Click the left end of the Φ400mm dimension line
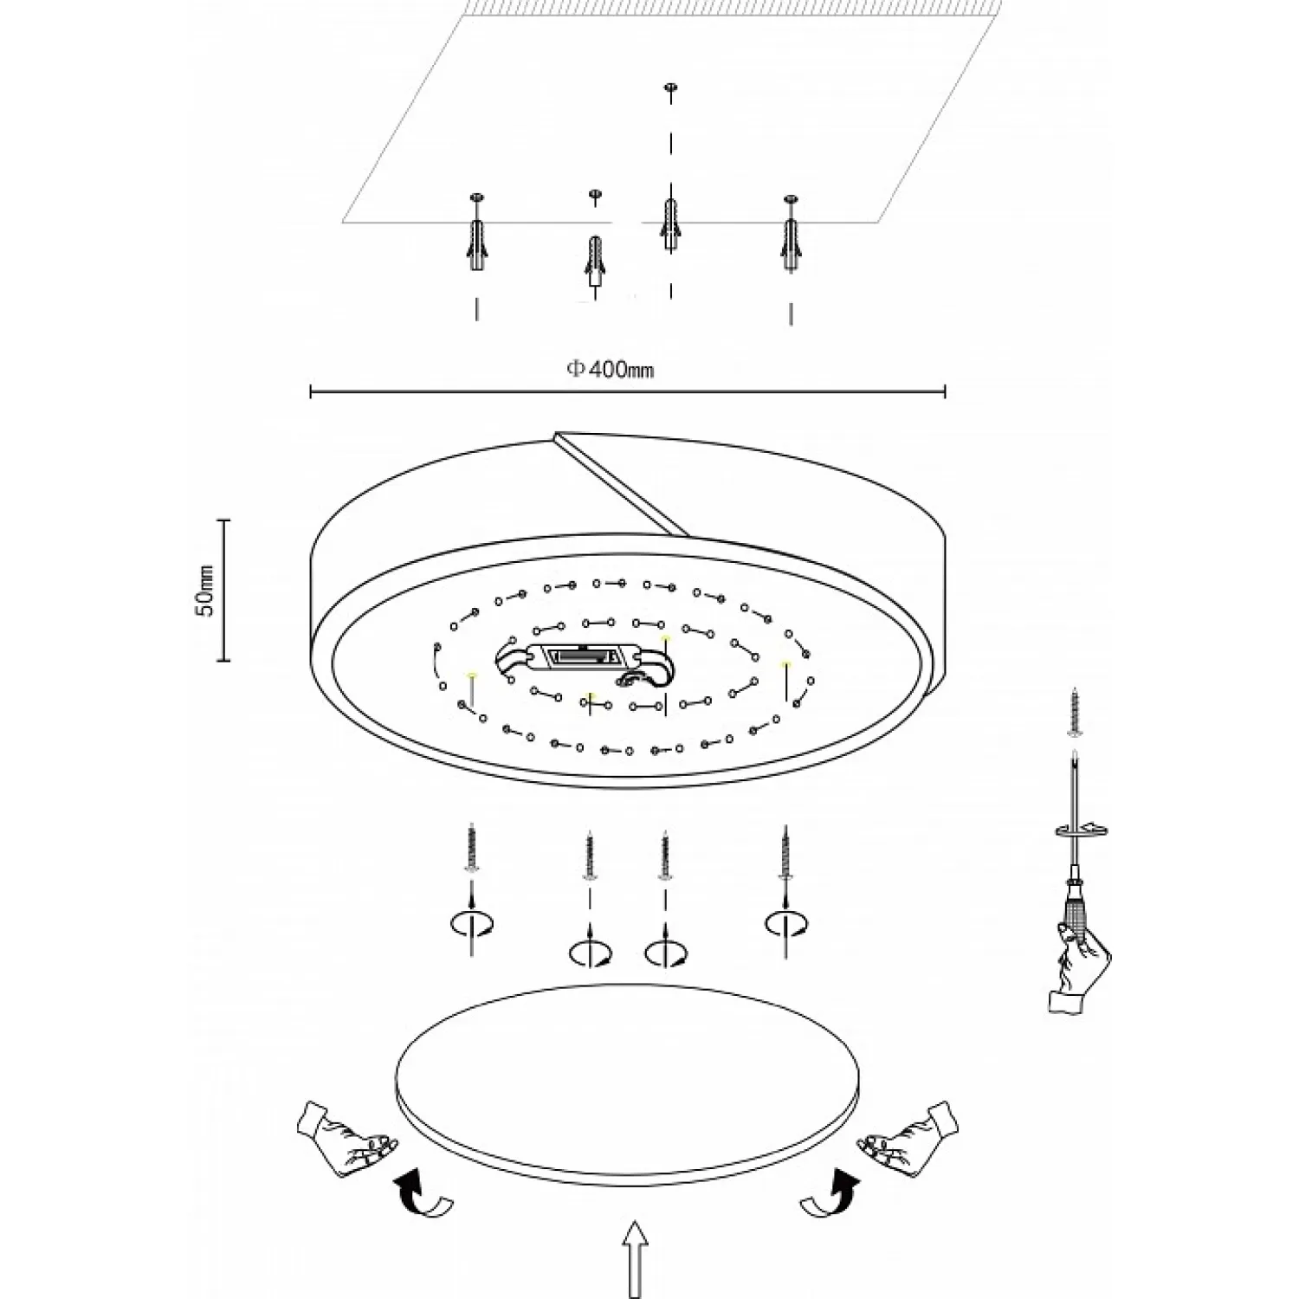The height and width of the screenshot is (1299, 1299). (311, 392)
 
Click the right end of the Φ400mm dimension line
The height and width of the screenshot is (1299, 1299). (945, 392)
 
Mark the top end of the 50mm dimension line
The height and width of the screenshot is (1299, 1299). (226, 520)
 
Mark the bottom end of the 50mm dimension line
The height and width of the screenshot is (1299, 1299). (226, 660)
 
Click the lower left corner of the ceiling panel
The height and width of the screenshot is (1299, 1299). (343, 223)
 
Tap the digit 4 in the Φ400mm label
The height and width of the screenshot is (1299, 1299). (595, 370)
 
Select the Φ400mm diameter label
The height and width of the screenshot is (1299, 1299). (611, 370)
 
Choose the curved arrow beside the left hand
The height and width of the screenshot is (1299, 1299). (423, 1192)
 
